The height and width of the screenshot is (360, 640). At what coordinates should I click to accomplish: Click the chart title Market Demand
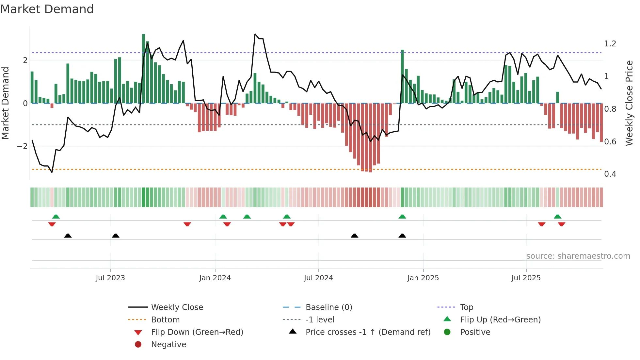click(47, 9)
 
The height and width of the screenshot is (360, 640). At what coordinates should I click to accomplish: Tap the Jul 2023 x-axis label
click(110, 278)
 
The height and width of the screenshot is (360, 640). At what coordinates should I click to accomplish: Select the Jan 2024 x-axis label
click(215, 278)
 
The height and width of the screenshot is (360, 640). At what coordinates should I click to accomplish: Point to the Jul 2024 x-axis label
click(318, 278)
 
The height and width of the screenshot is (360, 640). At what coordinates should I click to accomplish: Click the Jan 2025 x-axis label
click(423, 278)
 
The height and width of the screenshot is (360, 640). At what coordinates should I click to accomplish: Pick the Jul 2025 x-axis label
click(526, 278)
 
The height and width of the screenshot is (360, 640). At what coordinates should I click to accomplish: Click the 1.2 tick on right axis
click(610, 44)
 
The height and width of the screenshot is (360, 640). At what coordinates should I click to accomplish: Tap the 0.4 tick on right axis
click(610, 174)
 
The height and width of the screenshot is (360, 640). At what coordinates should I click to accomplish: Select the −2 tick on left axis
click(22, 146)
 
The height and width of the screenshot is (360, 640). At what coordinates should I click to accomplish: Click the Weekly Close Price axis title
click(629, 103)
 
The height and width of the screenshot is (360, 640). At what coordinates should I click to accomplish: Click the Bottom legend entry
click(165, 320)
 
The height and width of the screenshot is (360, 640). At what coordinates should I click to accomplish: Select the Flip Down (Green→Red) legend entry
click(197, 332)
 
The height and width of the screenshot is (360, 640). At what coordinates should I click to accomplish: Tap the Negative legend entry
click(168, 345)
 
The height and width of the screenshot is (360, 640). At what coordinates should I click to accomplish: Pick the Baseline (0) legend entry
click(329, 307)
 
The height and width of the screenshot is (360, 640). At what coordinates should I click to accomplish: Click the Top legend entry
click(467, 307)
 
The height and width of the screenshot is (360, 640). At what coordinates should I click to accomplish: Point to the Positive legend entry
click(475, 332)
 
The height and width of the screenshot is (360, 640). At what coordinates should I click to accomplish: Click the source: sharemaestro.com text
click(578, 256)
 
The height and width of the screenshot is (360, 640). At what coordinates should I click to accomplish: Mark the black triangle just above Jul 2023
click(116, 236)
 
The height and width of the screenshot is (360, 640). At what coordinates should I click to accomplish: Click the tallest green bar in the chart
click(144, 69)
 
